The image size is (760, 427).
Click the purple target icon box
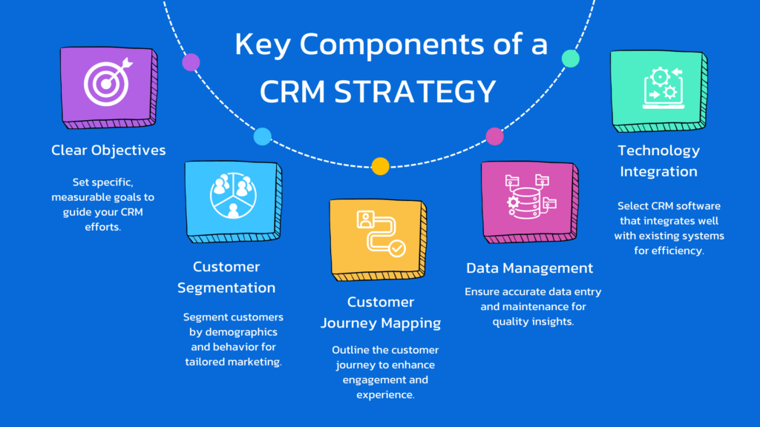pyautogui.click(x=108, y=87)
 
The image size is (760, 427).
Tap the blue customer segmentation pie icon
pyautogui.click(x=233, y=196)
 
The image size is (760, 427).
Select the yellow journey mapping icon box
pyautogui.click(x=378, y=239)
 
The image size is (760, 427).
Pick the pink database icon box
pyautogui.click(x=530, y=202)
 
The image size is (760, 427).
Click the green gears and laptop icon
pyautogui.click(x=664, y=88)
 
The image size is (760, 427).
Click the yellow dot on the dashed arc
pyautogui.click(x=381, y=166)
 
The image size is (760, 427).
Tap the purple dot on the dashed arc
pyautogui.click(x=191, y=62)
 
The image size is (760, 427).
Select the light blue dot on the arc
pyautogui.click(x=262, y=136)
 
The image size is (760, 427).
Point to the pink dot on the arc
pyautogui.click(x=494, y=136)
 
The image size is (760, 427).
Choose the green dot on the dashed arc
pyautogui.click(x=571, y=59)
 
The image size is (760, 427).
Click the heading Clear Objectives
pyautogui.click(x=108, y=150)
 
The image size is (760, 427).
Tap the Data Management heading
pyautogui.click(x=530, y=268)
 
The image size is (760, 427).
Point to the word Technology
pyautogui.click(x=659, y=151)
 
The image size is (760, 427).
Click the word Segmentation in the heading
pyautogui.click(x=226, y=288)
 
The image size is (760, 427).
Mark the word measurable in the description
pyautogui.click(x=80, y=197)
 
